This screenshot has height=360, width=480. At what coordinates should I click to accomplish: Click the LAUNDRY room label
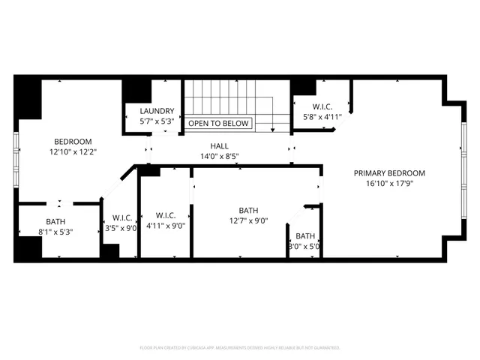(157, 110)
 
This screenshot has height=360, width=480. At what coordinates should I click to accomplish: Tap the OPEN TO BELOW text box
(219, 123)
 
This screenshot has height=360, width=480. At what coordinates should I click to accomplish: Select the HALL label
(220, 146)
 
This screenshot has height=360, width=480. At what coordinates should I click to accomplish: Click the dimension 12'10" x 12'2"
(73, 151)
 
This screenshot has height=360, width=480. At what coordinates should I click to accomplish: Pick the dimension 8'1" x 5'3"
(55, 232)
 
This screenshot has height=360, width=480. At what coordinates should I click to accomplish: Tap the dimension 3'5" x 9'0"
(121, 228)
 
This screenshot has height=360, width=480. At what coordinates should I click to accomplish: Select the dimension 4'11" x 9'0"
(166, 225)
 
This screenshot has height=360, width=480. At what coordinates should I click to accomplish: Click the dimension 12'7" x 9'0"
(248, 220)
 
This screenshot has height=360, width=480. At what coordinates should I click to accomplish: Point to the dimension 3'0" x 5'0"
(304, 246)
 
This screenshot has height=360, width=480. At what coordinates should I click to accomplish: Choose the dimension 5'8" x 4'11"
(322, 117)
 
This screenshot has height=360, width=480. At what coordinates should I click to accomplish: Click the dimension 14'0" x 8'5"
(220, 157)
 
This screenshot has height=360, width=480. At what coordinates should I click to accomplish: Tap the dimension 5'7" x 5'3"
(157, 121)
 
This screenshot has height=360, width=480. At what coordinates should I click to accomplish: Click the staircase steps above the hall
(225, 96)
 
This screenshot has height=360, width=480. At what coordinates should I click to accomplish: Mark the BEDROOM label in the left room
(73, 141)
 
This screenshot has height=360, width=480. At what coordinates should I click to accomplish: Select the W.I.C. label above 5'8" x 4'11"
(322, 106)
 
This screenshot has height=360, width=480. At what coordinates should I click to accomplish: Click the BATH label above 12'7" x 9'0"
(248, 211)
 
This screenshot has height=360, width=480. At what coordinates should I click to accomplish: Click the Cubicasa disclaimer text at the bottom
(240, 348)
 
